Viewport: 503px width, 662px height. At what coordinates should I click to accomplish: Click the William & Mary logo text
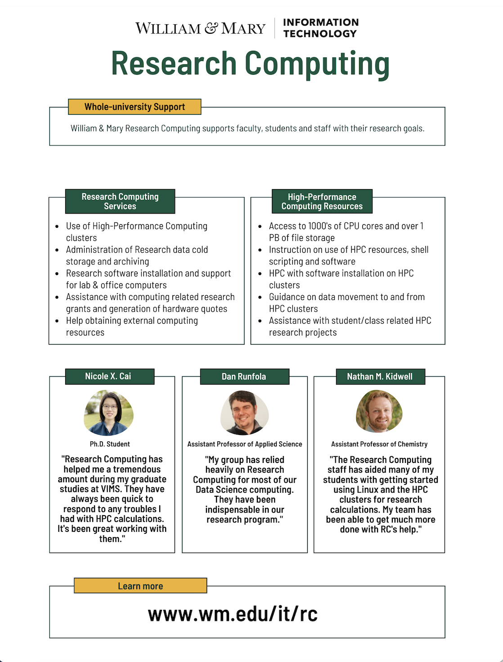point(200,28)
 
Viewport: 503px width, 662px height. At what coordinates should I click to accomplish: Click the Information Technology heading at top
point(320,28)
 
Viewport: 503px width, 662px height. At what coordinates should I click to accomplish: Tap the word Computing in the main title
point(317,63)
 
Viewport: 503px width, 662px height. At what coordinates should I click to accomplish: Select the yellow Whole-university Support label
point(135,107)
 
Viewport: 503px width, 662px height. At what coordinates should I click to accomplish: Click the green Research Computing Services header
point(120,201)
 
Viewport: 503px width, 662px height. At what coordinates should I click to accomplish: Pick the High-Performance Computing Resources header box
point(322,201)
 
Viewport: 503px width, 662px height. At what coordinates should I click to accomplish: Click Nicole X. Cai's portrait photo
point(109,413)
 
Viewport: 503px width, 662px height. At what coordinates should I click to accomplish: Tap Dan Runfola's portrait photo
point(244,413)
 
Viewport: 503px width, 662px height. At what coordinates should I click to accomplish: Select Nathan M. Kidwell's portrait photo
point(379,411)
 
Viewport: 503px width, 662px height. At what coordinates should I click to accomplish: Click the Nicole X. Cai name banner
point(109,376)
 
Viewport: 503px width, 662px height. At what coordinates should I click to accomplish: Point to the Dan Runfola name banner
point(244,376)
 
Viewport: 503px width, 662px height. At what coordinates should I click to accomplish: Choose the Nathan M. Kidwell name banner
point(380,376)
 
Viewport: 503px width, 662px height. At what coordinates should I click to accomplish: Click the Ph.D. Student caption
point(110,444)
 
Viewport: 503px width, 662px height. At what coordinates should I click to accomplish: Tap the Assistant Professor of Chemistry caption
point(379,444)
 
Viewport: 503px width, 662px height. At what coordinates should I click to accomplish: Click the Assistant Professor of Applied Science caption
point(245,444)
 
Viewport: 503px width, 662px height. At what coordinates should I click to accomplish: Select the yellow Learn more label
point(140,586)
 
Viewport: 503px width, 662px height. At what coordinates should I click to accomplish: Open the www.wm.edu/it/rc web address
point(233,614)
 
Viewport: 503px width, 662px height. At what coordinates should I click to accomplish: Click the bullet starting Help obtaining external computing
point(132,326)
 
